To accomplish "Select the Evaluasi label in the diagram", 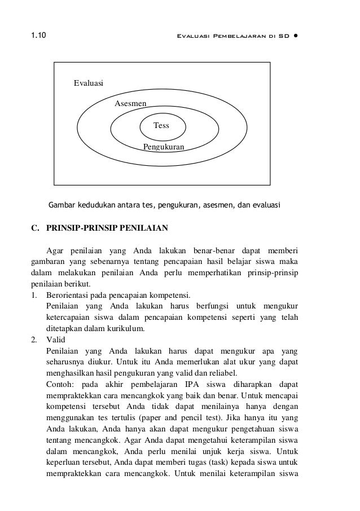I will [89, 83].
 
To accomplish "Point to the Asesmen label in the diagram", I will [130, 104].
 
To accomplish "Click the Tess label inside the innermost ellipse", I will [161, 125].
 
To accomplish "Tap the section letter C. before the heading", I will [35, 230].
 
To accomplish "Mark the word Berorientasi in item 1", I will [65, 295].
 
